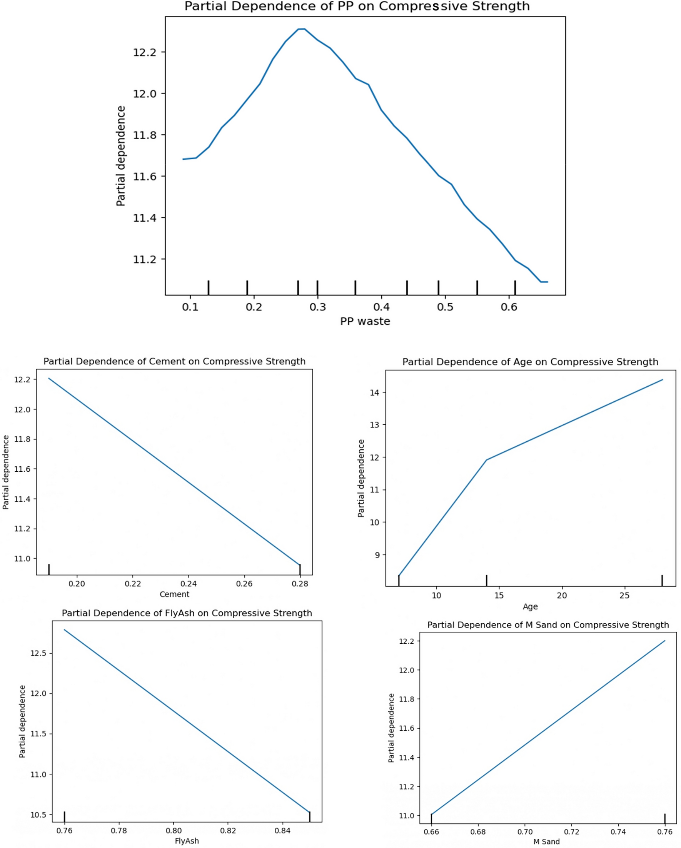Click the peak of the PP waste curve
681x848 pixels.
coord(302,29)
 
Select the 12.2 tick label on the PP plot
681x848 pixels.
coord(145,52)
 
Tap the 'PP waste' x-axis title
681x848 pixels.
coord(365,321)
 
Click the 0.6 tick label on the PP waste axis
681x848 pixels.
coord(509,307)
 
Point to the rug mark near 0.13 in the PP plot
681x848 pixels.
coord(209,287)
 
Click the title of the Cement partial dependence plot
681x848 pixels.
coord(174,361)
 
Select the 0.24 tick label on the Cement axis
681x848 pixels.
coord(189,584)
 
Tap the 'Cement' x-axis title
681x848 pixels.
coord(174,594)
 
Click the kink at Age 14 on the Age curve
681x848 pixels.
coord(487,460)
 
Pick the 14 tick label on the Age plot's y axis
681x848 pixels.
coord(375,392)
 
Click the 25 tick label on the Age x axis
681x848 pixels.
coord(624,596)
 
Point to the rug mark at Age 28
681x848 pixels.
coord(662,581)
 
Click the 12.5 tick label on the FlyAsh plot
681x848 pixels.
coord(38,653)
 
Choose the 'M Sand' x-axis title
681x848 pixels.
coord(546,842)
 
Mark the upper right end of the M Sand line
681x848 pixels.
coord(664,641)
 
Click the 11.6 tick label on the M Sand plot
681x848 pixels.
coord(406,728)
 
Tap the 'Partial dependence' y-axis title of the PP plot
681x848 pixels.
coord(121,156)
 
